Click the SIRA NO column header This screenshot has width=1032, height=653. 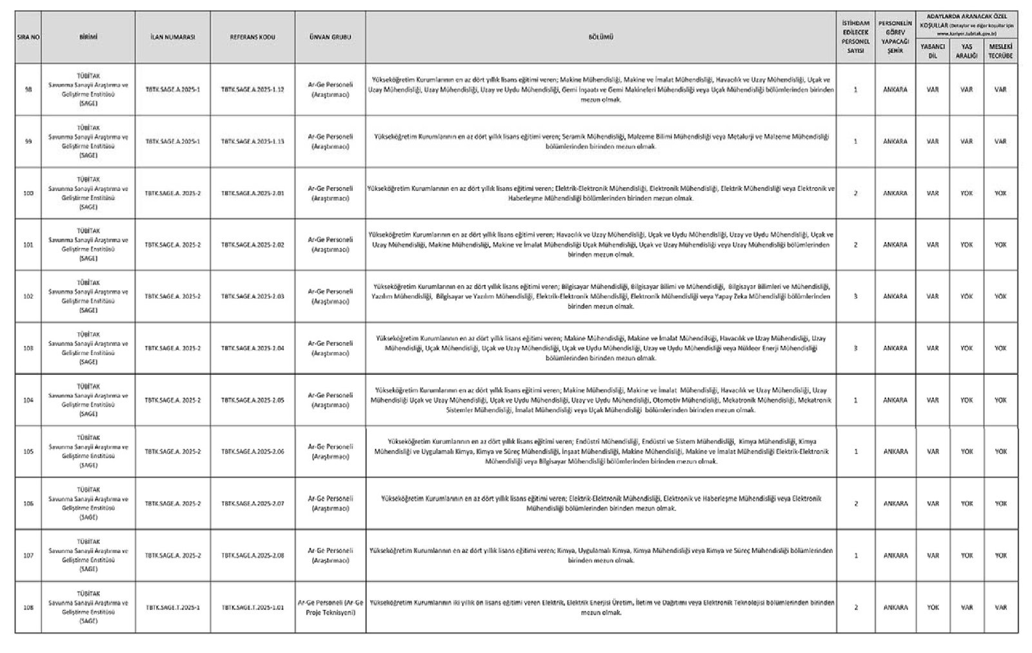coord(28,37)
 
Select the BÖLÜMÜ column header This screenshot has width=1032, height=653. coord(600,37)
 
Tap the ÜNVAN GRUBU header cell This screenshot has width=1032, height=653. coord(330,37)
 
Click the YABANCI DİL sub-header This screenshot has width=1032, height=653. coord(932,51)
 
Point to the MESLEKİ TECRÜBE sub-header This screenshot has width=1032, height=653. coord(1000,51)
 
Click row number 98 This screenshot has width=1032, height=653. coord(28,90)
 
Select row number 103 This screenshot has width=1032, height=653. coord(28,348)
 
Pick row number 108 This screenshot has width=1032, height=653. coord(28,607)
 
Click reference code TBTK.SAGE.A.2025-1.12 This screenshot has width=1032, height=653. coord(252,90)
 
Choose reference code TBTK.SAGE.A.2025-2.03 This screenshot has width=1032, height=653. coord(252,297)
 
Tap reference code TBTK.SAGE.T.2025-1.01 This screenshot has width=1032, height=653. coord(252,607)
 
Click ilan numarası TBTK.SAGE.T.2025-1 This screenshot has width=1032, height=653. coord(172,607)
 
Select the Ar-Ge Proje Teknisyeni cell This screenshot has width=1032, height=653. coord(330,607)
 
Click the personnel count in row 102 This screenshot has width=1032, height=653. coord(855,297)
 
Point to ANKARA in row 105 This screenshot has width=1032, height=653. coord(895,452)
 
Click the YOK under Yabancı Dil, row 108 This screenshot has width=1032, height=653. coord(932,607)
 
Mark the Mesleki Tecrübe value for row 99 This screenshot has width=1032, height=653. coord(1000,141)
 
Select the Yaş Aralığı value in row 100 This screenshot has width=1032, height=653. coord(966,193)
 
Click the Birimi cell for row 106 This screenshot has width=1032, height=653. coord(88,503)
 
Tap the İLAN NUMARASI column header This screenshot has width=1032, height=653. coord(172,37)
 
